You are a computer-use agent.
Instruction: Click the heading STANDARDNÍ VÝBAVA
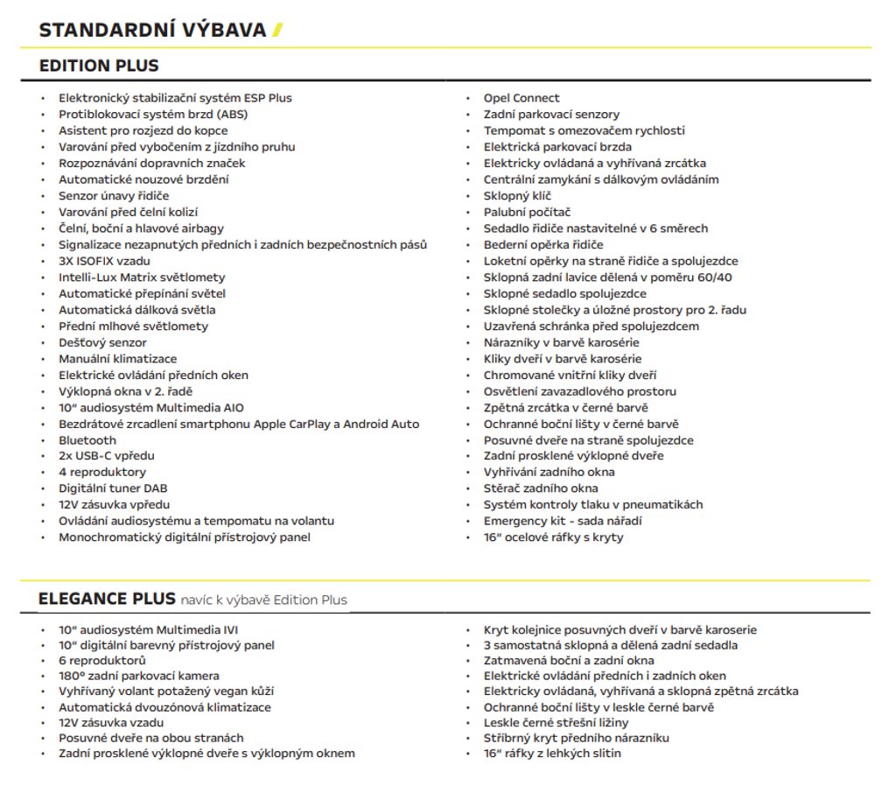click(x=152, y=31)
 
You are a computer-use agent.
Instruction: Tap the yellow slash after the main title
click(x=277, y=31)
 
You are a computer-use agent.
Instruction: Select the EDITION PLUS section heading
click(x=99, y=67)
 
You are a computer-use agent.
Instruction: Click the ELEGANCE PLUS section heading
click(x=107, y=599)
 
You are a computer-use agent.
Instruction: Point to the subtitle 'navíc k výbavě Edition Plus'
click(x=264, y=600)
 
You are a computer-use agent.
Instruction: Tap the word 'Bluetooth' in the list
click(x=87, y=440)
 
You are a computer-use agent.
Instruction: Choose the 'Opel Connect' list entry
click(x=521, y=98)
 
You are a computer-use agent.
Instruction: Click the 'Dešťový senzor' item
click(x=102, y=342)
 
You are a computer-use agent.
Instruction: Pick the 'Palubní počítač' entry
click(x=527, y=212)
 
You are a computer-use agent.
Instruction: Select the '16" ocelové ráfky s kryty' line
click(x=553, y=537)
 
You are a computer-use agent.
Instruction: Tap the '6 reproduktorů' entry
click(x=102, y=660)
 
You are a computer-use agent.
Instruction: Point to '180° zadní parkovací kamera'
click(x=139, y=676)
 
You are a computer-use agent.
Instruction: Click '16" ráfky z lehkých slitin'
click(x=552, y=754)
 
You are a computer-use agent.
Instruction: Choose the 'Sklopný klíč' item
click(x=517, y=196)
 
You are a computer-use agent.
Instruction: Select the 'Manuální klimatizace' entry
click(x=117, y=359)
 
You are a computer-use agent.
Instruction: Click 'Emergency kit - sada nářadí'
click(x=563, y=521)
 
